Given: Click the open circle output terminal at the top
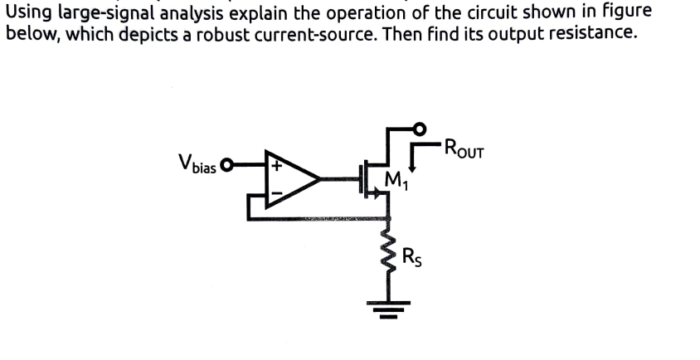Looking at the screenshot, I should click(x=420, y=128).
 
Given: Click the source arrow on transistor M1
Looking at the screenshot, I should click(x=379, y=192).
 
